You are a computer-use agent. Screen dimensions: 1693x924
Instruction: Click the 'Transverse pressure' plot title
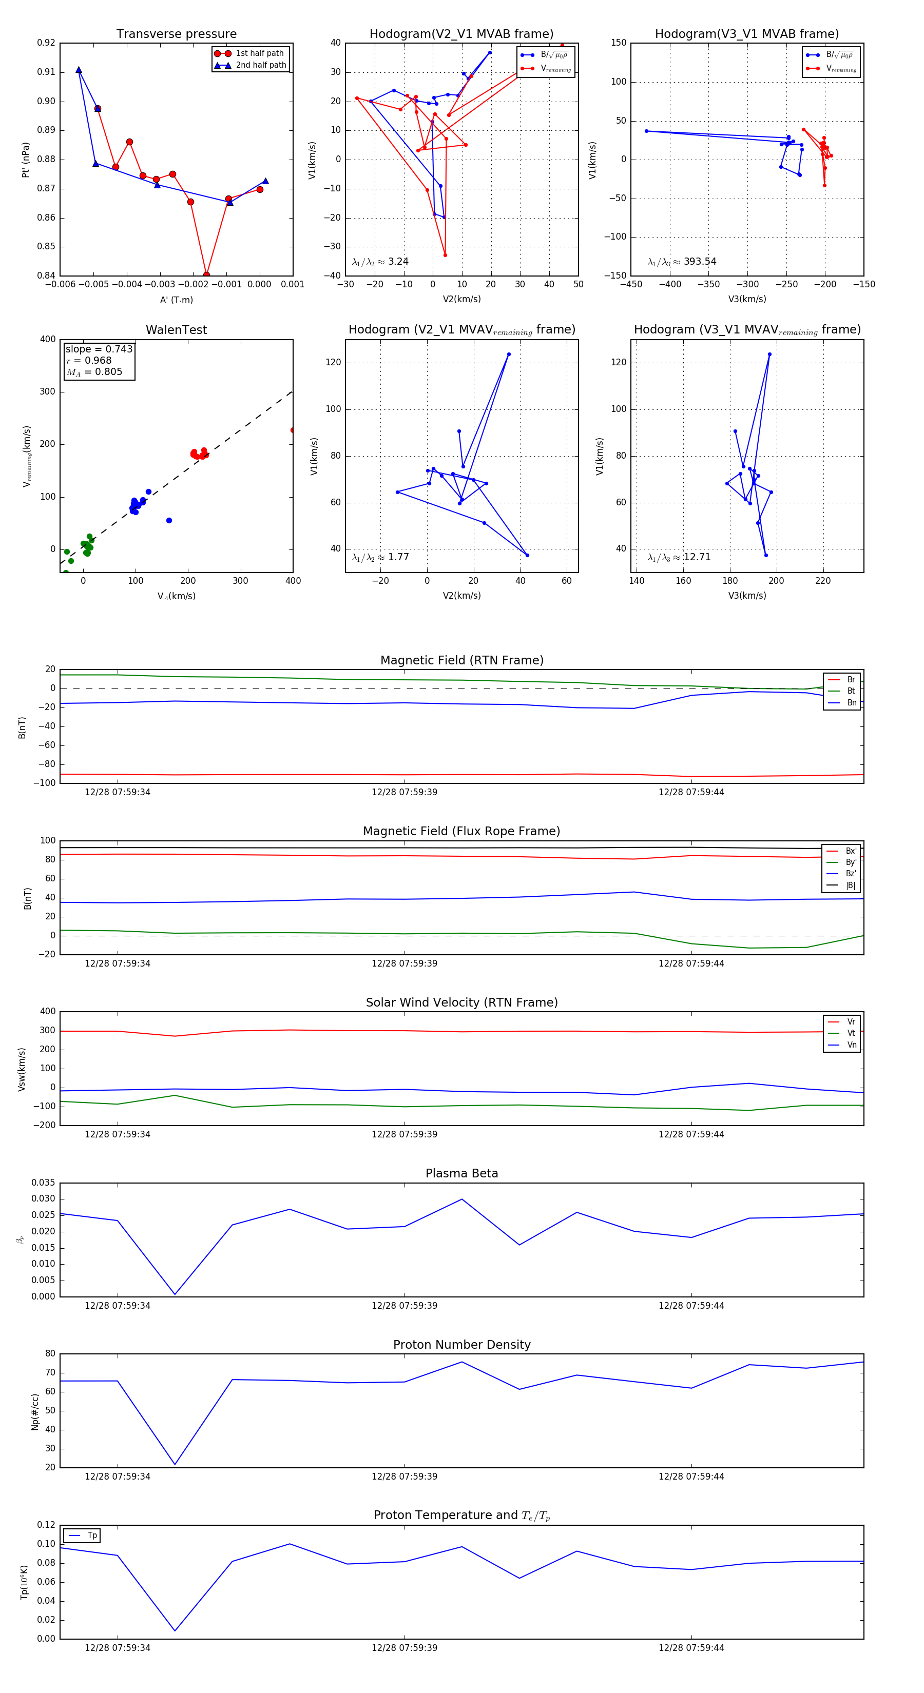(176, 34)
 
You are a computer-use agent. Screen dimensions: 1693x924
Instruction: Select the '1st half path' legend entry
(259, 53)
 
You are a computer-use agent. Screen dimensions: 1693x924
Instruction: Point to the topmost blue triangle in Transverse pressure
(79, 70)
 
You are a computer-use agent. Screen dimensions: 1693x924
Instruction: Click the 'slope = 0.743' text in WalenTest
(99, 349)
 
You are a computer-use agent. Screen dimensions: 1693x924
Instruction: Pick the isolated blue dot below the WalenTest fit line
(169, 521)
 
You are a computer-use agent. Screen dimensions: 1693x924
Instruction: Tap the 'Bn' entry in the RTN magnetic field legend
(851, 702)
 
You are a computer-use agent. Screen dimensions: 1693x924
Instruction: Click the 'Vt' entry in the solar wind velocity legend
(851, 1033)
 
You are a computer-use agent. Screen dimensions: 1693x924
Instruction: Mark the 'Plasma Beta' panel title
(461, 1173)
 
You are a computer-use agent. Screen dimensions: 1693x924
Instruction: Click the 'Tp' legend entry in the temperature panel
(91, 1535)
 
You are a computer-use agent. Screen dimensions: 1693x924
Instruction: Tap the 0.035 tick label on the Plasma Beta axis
(44, 1183)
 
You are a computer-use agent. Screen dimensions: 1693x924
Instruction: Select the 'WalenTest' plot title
(176, 330)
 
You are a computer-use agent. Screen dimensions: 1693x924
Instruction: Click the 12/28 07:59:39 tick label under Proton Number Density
(404, 1476)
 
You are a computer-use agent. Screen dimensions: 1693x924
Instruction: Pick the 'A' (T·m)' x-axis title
(176, 300)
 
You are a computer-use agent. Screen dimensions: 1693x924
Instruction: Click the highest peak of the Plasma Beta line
(461, 1199)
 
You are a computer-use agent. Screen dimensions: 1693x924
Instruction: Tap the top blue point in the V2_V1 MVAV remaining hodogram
(508, 354)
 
